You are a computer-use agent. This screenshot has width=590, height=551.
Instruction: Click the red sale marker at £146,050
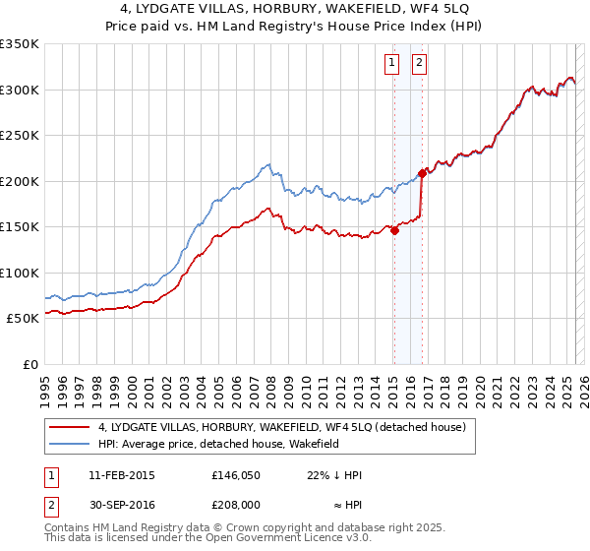point(394,230)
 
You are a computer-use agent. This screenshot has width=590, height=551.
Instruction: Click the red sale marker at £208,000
point(423,173)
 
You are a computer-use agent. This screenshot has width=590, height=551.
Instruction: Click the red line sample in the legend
point(71,427)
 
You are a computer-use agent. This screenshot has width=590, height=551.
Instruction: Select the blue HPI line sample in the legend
point(71,444)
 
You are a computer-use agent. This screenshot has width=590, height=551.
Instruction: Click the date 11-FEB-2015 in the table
point(122,475)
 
